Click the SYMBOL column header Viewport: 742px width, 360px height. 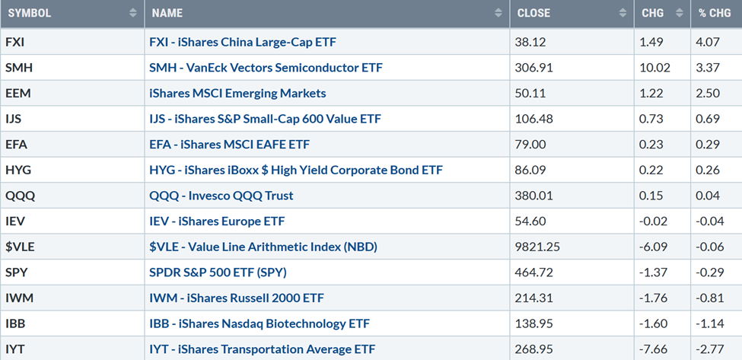(x=30, y=13)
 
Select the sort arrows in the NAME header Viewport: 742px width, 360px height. (x=498, y=13)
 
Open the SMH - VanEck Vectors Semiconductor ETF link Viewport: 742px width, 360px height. (x=266, y=68)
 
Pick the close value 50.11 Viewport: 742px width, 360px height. (x=532, y=93)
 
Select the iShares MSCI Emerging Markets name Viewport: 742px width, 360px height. (x=237, y=93)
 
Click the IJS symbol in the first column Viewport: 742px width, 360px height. (x=15, y=119)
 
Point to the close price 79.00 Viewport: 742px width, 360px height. (x=532, y=144)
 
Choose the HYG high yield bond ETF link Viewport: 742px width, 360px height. (x=296, y=170)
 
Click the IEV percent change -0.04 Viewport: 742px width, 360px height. (x=708, y=221)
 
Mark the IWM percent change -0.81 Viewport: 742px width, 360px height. (x=708, y=298)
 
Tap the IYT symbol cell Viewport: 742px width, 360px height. (x=16, y=349)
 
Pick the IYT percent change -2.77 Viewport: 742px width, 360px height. (x=708, y=349)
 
